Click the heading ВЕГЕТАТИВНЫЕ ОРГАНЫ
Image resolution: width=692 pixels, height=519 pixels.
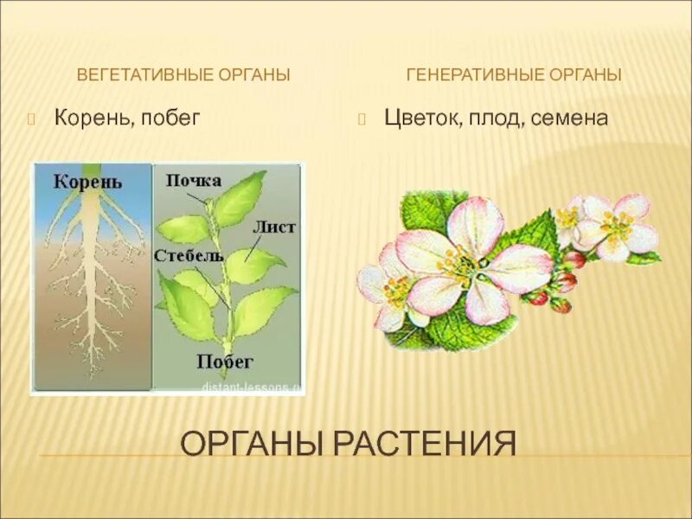pyautogui.click(x=183, y=74)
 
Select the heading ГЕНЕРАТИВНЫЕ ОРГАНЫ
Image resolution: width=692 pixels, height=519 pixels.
pyautogui.click(x=514, y=74)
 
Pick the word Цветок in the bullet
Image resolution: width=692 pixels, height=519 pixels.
pyautogui.click(x=420, y=118)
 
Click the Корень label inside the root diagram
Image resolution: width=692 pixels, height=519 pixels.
pyautogui.click(x=87, y=182)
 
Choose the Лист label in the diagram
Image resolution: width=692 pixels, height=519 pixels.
pyautogui.click(x=274, y=227)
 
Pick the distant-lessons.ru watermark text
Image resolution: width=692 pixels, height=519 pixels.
pyautogui.click(x=251, y=388)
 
